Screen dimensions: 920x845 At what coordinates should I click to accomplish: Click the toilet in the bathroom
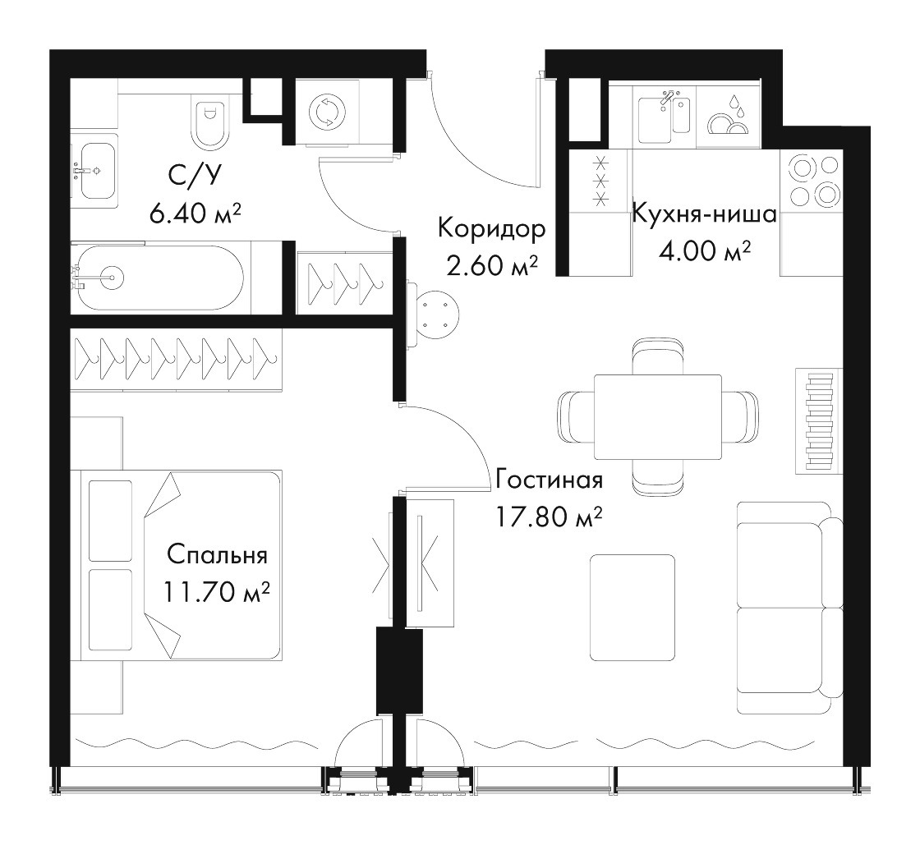(209, 119)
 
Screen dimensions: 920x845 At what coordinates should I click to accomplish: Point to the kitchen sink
(664, 115)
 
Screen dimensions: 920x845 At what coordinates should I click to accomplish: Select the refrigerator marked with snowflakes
(600, 212)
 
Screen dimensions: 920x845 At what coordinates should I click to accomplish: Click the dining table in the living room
(658, 417)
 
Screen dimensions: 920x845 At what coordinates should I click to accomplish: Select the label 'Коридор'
(492, 229)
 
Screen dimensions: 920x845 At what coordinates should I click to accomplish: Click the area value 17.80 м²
(549, 517)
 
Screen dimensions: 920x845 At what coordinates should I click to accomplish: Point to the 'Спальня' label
(217, 555)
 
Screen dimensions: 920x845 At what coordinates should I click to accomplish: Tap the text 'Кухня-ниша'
(704, 214)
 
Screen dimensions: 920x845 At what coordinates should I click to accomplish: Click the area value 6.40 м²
(195, 214)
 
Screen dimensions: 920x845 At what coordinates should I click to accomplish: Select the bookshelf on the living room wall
(819, 421)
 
